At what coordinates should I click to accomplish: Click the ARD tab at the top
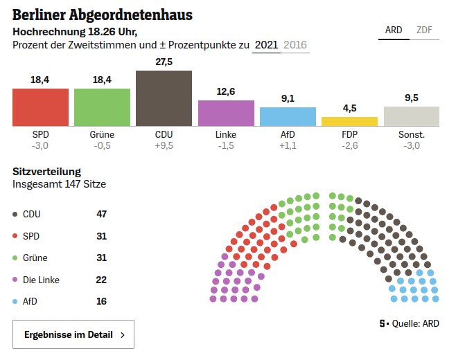point(394,30)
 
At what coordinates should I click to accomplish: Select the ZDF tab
point(424,30)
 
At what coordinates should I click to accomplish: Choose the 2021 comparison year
point(266,45)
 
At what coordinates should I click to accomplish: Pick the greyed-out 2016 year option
point(295,45)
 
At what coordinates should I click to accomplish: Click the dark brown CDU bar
point(164,98)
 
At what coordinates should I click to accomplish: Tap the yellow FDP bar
point(349,122)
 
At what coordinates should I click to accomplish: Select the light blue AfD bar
point(288,117)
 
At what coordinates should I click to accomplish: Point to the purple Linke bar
point(226,114)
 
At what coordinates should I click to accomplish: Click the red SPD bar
point(40,107)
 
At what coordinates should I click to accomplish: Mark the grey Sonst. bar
point(411,116)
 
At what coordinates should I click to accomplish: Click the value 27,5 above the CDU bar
point(164,62)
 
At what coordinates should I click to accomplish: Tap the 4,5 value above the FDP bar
point(349,108)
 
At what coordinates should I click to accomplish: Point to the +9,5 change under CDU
point(164,146)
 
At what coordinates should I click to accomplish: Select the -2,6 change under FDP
point(349,146)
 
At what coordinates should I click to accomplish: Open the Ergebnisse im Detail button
point(73,334)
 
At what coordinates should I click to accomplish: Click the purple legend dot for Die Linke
point(16,280)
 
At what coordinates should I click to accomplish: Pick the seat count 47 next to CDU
point(101,214)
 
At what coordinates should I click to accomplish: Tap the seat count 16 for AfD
point(101,302)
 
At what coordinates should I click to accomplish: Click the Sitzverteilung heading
point(46,171)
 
